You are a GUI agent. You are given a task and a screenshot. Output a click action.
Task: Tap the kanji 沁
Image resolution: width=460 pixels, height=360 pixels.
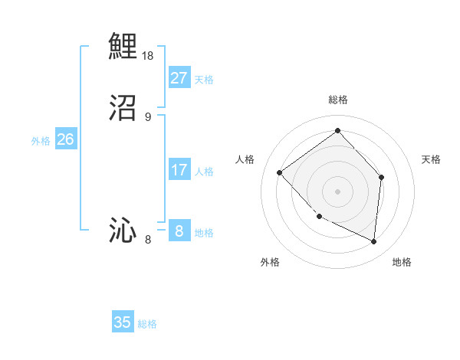pos(123,231)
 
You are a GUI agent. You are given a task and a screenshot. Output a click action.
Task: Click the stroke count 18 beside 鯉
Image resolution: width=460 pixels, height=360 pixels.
pos(148,56)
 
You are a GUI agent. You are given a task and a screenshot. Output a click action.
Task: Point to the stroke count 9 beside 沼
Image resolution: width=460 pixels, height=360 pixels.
pos(148,117)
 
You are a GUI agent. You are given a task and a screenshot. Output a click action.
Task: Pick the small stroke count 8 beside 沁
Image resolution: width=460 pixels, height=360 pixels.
pos(148,241)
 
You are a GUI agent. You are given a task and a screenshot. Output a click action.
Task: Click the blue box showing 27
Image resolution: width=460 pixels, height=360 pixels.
pos(179,77)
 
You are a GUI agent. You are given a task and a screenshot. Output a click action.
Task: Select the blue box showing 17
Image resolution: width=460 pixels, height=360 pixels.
pos(179,170)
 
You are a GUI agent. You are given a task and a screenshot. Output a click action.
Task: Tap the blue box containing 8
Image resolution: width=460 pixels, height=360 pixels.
pos(179,231)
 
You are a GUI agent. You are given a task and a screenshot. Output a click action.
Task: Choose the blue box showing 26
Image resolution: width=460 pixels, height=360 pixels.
pos(65,139)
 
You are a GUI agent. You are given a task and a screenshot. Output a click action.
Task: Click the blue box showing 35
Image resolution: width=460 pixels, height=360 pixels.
pos(123,322)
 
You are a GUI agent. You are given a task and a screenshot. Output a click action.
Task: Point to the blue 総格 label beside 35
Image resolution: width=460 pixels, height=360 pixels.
pos(147,324)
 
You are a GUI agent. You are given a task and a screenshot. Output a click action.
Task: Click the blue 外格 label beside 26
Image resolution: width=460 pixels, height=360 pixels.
pos(41,141)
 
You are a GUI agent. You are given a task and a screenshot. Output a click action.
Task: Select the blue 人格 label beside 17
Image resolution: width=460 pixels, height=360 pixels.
pos(204,172)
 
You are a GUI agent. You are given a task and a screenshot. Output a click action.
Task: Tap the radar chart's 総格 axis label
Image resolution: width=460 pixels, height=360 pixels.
pos(337,100)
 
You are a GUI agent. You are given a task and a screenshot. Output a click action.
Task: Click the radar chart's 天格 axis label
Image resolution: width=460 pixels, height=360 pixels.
pos(431,159)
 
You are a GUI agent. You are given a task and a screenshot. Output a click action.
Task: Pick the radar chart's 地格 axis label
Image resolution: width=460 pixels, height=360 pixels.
pos(402,262)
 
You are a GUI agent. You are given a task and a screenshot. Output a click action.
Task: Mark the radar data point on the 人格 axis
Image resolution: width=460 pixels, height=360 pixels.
pos(280,172)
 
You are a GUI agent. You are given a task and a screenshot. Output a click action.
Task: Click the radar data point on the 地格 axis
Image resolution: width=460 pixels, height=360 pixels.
pos(373,241)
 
